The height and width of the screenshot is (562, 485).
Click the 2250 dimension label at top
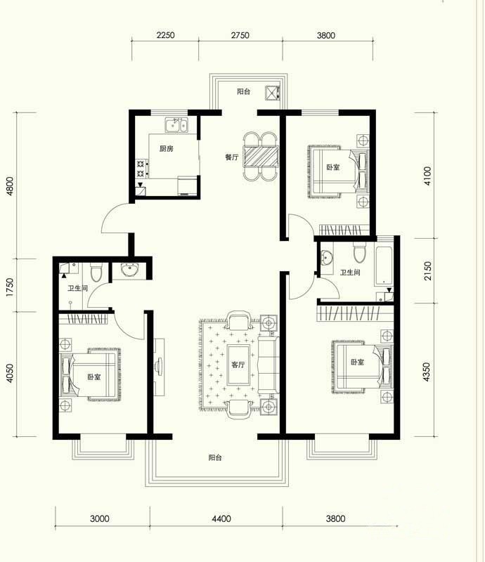(165, 35)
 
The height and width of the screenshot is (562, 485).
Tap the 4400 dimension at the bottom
(221, 518)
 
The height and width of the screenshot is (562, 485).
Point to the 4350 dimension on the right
(426, 372)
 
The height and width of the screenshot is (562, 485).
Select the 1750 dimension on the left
(10, 287)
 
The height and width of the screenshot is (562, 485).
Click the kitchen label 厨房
(167, 148)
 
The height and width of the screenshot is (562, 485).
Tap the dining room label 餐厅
(232, 157)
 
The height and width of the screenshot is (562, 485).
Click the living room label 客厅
(238, 365)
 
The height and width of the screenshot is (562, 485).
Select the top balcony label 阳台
(244, 91)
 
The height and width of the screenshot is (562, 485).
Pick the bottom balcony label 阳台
(215, 458)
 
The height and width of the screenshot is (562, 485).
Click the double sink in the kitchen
(176, 125)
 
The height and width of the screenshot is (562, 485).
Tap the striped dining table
(261, 156)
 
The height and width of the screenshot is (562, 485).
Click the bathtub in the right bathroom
(384, 265)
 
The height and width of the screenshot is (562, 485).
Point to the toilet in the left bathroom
(96, 273)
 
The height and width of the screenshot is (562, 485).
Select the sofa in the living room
(269, 365)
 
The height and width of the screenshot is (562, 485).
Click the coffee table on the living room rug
(238, 365)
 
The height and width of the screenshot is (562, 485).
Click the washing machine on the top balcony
(273, 93)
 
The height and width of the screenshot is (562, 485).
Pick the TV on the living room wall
(159, 367)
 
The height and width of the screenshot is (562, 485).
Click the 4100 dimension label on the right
(427, 176)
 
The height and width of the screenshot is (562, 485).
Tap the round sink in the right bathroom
(326, 258)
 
